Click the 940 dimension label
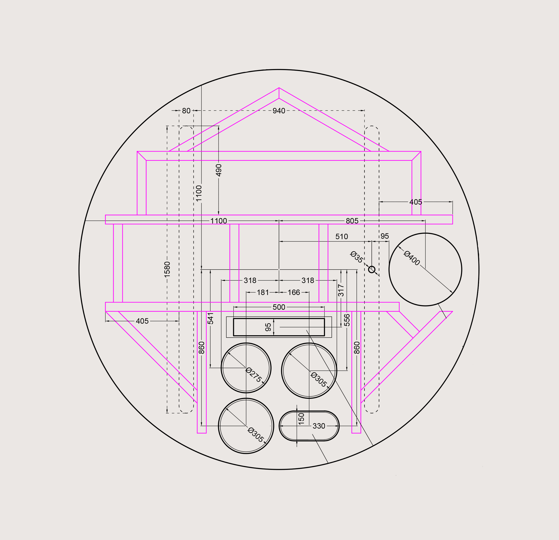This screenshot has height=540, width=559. coord(279,111)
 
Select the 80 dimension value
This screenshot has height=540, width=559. coord(186,111)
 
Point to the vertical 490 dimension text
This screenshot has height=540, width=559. coord(219,170)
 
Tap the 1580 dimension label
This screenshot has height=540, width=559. coord(167,269)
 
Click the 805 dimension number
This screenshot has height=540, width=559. coord(352,221)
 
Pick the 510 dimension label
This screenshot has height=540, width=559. coord(341,236)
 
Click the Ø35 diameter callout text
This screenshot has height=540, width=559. coord(357,257)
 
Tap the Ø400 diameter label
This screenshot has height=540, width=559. coord(412,258)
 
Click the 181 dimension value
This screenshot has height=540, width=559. coord(263,292)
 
